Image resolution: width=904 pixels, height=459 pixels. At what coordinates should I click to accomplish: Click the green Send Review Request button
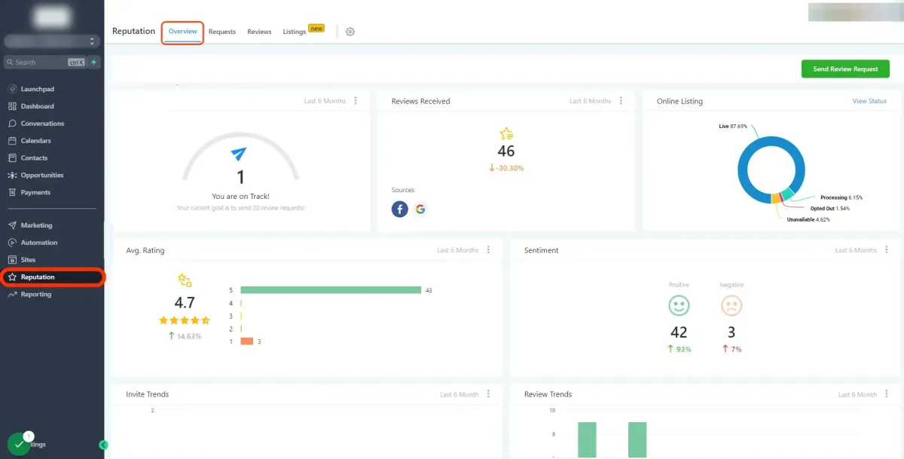click(845, 69)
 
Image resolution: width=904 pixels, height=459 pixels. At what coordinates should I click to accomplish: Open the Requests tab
click(222, 32)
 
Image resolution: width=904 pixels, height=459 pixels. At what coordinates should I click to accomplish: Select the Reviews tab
click(259, 32)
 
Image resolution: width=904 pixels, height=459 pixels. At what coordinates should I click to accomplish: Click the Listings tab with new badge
click(295, 32)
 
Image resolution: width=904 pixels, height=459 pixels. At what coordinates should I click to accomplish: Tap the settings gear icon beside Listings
click(350, 32)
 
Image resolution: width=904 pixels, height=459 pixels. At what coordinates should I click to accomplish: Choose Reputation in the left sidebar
click(38, 277)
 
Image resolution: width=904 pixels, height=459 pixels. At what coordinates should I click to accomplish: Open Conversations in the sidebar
click(42, 124)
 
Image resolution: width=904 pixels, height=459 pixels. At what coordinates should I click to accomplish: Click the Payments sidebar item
click(35, 192)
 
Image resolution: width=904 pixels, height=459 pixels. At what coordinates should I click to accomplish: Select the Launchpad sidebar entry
click(37, 89)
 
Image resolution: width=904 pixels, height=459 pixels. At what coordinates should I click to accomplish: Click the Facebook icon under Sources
click(400, 209)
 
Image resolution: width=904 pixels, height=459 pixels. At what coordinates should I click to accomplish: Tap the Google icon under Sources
click(420, 209)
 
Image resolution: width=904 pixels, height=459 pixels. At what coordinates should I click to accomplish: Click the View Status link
click(869, 101)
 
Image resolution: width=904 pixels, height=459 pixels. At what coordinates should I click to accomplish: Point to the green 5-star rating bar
click(330, 290)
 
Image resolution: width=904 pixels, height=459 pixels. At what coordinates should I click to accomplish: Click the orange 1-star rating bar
click(246, 341)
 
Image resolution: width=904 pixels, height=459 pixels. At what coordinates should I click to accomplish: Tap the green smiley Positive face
click(679, 305)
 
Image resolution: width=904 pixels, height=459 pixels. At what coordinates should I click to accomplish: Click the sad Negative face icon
click(731, 305)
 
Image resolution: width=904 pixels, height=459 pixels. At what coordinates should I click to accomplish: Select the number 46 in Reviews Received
click(506, 151)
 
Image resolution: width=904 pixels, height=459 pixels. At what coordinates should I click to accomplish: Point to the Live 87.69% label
click(733, 127)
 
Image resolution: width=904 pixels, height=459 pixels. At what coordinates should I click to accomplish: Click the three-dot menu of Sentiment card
click(887, 250)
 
